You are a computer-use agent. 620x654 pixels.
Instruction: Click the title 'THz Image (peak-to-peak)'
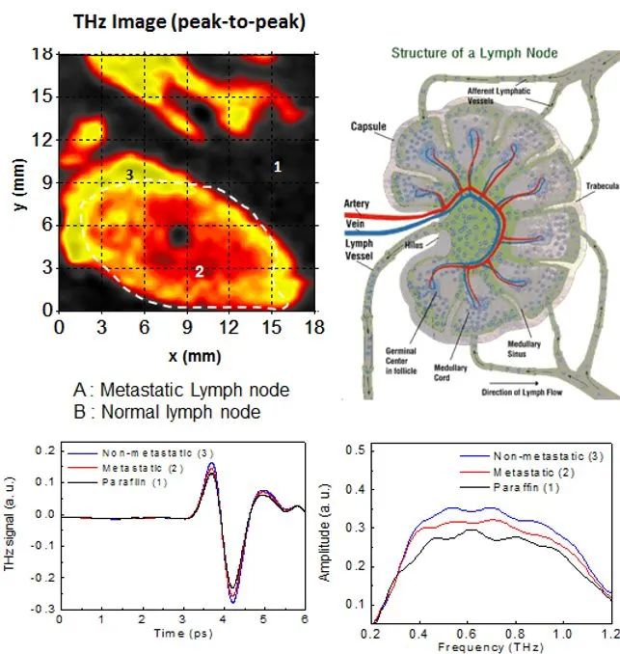click(x=189, y=21)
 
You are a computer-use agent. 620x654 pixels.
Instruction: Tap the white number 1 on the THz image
click(x=277, y=167)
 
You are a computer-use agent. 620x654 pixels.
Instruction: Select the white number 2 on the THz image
click(x=200, y=271)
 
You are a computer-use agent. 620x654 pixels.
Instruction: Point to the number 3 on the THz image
click(x=129, y=174)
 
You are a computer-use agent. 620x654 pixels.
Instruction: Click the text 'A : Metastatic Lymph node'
click(x=182, y=391)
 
